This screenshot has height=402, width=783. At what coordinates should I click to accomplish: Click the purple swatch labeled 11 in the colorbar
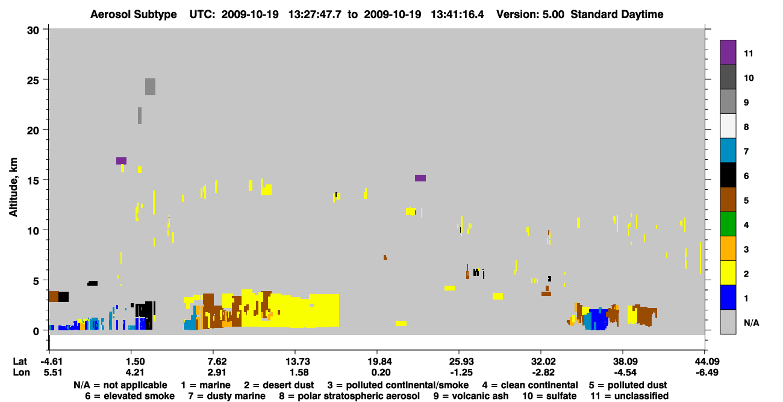click(x=728, y=52)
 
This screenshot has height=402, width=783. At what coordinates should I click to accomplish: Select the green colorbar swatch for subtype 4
click(x=728, y=224)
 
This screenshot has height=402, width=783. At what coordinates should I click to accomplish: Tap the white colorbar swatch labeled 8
click(x=728, y=126)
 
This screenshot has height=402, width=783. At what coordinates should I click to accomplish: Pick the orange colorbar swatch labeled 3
click(x=728, y=248)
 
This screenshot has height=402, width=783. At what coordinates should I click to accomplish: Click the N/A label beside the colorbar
click(x=751, y=322)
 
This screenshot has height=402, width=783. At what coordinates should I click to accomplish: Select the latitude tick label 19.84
click(x=377, y=362)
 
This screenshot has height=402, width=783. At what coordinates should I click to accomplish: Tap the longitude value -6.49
click(x=707, y=372)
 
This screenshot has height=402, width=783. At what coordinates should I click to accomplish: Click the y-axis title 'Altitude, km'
click(x=13, y=187)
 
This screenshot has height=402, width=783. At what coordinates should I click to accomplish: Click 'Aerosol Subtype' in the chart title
click(x=134, y=14)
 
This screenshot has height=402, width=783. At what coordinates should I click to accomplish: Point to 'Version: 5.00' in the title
click(x=530, y=14)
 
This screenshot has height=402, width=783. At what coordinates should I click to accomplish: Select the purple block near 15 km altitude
click(x=420, y=178)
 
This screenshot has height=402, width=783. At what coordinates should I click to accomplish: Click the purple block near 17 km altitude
click(x=121, y=161)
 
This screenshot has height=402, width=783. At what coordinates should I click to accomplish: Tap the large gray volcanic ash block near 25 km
click(x=151, y=87)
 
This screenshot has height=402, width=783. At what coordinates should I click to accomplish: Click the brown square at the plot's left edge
click(x=54, y=297)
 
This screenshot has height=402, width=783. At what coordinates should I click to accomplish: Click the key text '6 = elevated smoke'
click(x=129, y=396)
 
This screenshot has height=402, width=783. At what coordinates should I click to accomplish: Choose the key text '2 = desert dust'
click(x=279, y=385)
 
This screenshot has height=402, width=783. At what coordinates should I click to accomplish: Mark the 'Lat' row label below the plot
click(x=19, y=362)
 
